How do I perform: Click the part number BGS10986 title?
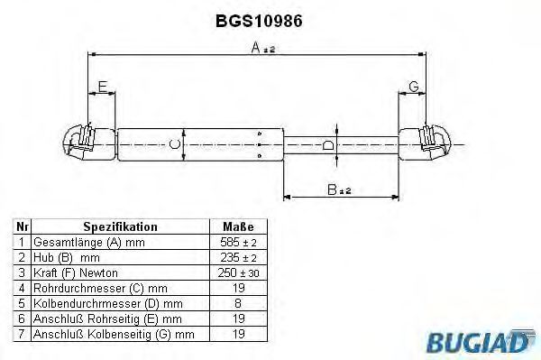[259, 21]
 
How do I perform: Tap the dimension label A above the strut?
[256, 48]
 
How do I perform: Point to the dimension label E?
[103, 87]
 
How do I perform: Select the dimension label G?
[413, 87]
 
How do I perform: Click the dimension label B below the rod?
[332, 189]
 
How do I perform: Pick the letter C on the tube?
[175, 144]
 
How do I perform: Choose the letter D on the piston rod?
[328, 145]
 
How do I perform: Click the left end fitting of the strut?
[89, 143]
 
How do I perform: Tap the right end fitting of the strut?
[425, 143]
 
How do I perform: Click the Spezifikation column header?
[121, 226]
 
